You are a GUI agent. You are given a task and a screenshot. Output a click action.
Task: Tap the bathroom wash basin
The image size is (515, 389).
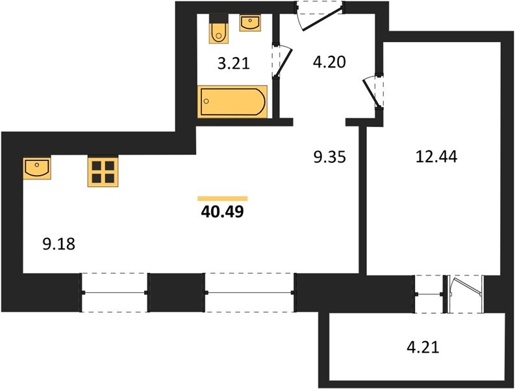click(x=250, y=23)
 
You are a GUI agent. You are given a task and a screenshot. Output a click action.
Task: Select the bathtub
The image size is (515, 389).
click(x=232, y=101)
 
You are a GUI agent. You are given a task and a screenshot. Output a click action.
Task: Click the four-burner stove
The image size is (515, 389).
click(x=103, y=172)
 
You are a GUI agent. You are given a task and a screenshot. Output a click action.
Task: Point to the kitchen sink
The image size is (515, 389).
click(x=37, y=168)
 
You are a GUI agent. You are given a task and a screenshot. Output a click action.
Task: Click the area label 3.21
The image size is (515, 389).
click(x=234, y=64)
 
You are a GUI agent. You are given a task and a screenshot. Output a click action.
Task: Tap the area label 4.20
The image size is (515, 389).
click(x=329, y=62)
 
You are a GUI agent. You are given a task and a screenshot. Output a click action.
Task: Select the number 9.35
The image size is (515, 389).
click(x=330, y=157)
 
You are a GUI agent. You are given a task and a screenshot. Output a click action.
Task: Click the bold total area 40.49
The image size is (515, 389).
click(x=222, y=212)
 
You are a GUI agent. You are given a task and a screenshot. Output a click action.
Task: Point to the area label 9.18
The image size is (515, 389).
click(x=59, y=244)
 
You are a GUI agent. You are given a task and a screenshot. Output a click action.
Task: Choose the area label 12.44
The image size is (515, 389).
click(x=436, y=156)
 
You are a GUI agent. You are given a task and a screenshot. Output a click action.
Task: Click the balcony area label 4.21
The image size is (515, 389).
click(x=423, y=348)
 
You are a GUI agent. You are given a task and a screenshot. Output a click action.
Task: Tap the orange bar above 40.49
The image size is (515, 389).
click(x=222, y=198)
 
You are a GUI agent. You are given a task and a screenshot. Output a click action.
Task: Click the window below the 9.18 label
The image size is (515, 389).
click(x=115, y=292)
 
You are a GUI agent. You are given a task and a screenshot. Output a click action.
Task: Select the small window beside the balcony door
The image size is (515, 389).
click(x=429, y=294)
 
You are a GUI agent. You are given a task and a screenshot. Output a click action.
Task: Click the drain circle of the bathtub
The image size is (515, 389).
click(x=207, y=101)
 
